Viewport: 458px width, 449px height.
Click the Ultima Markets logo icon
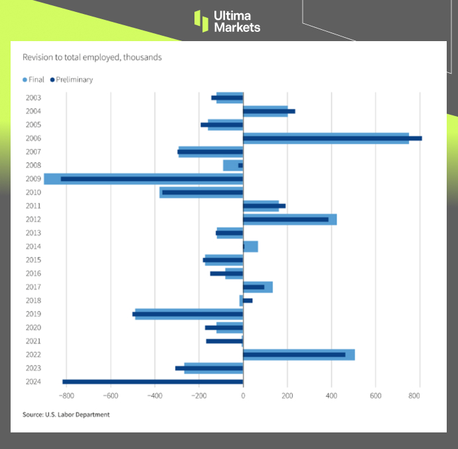201,21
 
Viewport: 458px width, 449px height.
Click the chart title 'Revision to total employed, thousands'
92,58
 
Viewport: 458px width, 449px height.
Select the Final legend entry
33,80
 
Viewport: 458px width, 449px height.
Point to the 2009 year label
33,179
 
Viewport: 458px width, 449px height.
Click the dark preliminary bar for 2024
153,381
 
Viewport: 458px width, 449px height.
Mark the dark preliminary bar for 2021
224,341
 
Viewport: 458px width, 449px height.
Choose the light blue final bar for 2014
252,247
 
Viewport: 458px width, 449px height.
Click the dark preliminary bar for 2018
248,300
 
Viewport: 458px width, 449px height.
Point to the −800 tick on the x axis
66,396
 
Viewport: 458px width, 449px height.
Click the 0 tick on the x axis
243,396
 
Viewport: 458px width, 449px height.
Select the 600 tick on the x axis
376,396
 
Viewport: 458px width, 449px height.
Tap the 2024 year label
33,381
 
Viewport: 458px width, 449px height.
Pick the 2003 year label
33,98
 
